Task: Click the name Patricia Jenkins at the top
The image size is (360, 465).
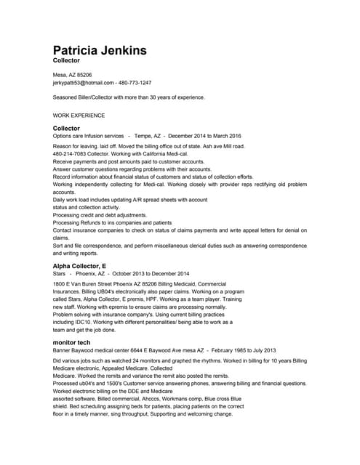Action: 100,50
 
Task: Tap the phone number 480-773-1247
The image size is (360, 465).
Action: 135,83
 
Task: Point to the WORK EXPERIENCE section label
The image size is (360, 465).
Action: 79,116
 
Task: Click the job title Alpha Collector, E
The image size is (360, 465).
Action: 80,267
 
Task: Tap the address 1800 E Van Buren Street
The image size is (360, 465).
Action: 83,284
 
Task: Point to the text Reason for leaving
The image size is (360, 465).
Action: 74,146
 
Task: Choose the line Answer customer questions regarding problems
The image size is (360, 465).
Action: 122,169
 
